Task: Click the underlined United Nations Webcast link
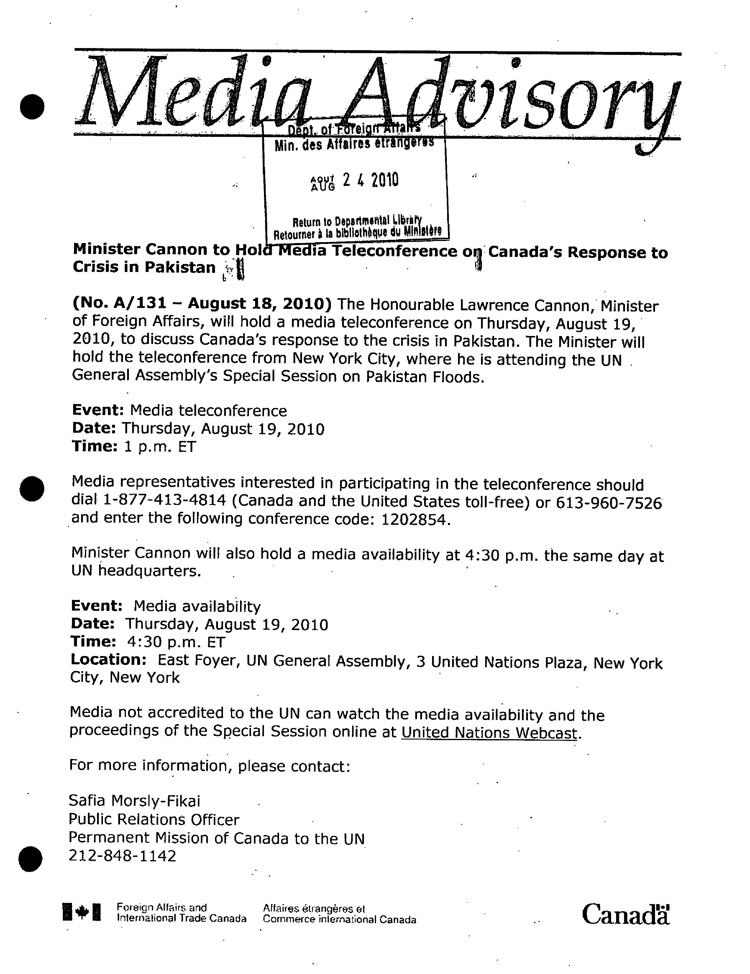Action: pyautogui.click(x=489, y=733)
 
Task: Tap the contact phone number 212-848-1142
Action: pyautogui.click(x=122, y=855)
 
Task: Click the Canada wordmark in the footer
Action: pyautogui.click(x=625, y=914)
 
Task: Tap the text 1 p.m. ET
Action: pyautogui.click(x=160, y=446)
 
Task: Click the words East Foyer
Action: pyautogui.click(x=196, y=660)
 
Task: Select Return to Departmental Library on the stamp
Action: pyautogui.click(x=357, y=221)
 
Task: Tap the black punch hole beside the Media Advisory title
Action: pyautogui.click(x=32, y=107)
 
